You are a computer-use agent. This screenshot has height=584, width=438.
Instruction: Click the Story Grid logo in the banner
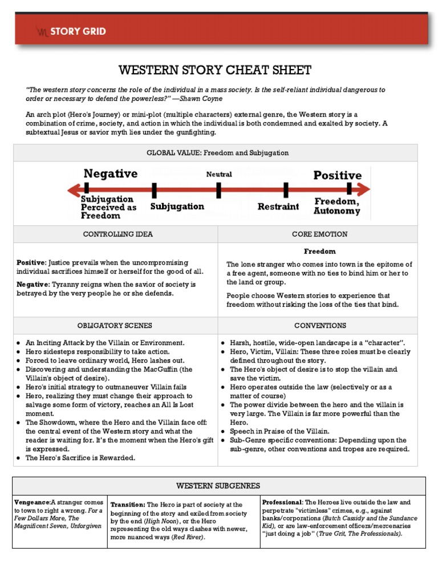[x=71, y=31]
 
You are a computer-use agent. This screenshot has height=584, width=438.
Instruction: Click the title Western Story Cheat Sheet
[x=215, y=70]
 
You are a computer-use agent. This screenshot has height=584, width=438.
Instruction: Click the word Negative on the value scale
[x=111, y=174]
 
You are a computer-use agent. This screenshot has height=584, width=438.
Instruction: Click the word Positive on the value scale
[x=337, y=175]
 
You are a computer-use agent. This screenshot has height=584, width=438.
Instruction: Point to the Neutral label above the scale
[x=219, y=174]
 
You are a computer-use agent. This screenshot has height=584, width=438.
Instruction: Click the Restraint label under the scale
[x=278, y=206]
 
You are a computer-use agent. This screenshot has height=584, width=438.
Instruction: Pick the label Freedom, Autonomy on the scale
[x=336, y=206]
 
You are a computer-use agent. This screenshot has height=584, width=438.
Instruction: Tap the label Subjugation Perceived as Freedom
[x=108, y=208]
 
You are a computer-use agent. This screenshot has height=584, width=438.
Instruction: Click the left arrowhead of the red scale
[x=71, y=189]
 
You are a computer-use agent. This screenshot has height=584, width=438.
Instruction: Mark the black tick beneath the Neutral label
[x=219, y=190]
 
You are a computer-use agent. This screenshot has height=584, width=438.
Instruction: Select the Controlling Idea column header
[x=117, y=234]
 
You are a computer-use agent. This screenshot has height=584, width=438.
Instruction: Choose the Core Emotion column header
[x=319, y=234]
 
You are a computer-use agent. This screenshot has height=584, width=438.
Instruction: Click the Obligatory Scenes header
[x=115, y=326]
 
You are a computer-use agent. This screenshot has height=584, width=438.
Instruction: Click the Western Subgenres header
[x=218, y=486]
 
